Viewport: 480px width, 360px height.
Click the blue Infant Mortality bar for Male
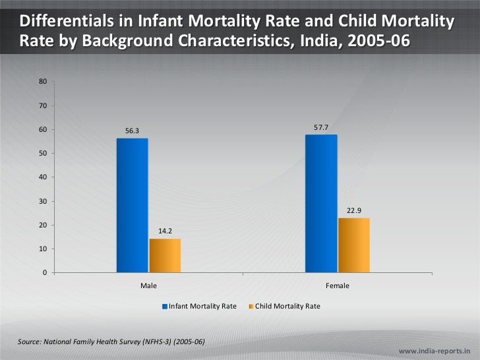click(x=132, y=205)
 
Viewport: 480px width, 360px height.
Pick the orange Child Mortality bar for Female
click(x=354, y=245)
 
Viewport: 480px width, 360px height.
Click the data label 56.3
click(x=133, y=131)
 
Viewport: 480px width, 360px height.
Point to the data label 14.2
click(x=165, y=231)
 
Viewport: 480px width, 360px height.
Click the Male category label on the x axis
click(x=148, y=286)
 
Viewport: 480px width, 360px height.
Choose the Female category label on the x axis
click(x=338, y=286)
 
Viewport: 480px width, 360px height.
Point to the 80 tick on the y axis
click(x=42, y=82)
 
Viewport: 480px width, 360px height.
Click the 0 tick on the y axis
click(x=44, y=273)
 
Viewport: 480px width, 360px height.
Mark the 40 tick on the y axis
click(x=42, y=177)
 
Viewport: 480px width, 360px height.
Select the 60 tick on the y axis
click(x=42, y=129)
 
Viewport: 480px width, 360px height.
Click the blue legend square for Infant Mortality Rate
click(x=165, y=307)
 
